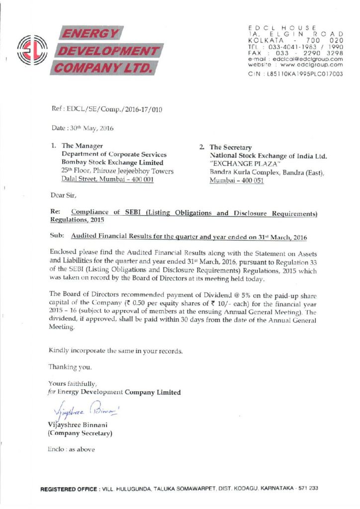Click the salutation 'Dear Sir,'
pyautogui.click(x=64, y=196)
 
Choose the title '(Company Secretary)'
pyautogui.click(x=80, y=433)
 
